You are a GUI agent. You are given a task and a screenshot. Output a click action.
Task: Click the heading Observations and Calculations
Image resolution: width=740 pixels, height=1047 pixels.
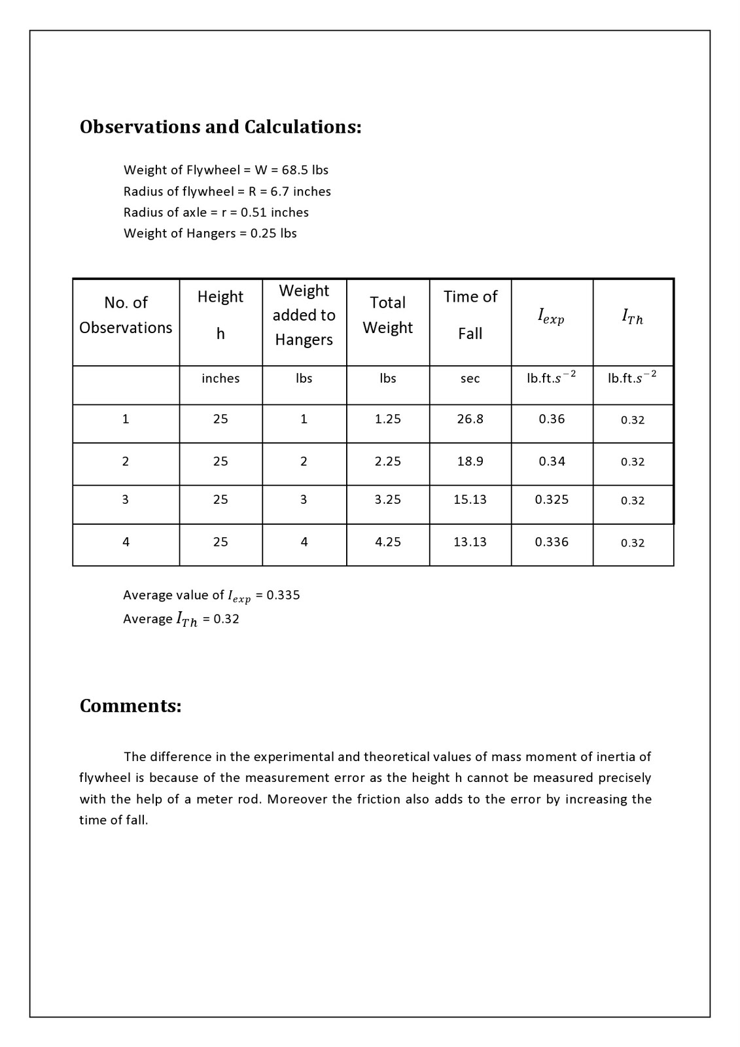(220, 126)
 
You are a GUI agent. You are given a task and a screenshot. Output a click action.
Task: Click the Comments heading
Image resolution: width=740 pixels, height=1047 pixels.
(130, 706)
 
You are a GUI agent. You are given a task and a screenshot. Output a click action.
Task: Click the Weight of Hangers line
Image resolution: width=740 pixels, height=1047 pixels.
(209, 234)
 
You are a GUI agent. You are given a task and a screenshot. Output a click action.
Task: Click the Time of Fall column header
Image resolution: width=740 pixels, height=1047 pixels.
(470, 315)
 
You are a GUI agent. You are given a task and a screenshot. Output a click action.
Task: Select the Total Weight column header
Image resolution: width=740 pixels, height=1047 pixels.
(387, 315)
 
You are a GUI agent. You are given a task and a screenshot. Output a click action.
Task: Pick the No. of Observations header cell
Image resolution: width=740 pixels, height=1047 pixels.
(126, 315)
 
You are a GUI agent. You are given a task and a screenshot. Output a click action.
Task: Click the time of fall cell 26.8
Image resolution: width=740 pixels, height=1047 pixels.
(470, 419)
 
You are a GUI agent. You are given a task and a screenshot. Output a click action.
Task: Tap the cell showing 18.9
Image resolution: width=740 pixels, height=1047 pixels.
(470, 461)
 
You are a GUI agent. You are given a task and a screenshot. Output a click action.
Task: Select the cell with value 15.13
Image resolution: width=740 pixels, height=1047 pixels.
(470, 500)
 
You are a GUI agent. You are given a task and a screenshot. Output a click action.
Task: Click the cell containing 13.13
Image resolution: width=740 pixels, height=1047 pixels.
(470, 542)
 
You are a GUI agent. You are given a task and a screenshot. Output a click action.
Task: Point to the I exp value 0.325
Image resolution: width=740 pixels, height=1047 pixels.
(552, 500)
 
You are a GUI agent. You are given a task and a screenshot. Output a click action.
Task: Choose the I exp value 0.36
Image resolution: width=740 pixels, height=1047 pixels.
(552, 419)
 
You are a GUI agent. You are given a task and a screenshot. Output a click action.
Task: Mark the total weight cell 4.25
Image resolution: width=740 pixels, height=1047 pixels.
(387, 542)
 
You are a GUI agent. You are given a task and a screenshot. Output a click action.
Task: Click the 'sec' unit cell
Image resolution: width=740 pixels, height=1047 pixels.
(470, 378)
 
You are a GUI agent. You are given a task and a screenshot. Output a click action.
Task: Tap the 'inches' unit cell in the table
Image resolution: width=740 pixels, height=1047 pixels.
(220, 378)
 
